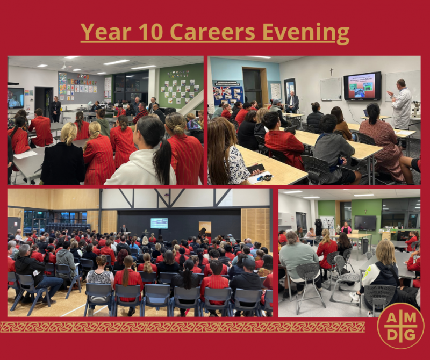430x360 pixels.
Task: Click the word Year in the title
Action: coord(106,32)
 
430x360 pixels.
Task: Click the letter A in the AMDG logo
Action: coord(391,318)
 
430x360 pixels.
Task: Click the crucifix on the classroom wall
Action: coord(331,72)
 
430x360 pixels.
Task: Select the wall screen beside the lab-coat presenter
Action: coord(362,86)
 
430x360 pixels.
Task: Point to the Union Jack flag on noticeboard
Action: coord(222,91)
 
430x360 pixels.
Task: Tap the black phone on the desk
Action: coord(256,169)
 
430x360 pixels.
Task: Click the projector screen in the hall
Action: coord(159,223)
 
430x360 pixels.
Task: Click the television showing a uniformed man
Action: coord(16,98)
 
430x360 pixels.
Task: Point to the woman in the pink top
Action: coord(346,228)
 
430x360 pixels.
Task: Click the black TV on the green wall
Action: coord(365,222)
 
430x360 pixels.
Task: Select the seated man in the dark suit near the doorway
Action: coord(292,102)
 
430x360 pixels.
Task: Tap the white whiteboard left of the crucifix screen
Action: coord(331,89)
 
